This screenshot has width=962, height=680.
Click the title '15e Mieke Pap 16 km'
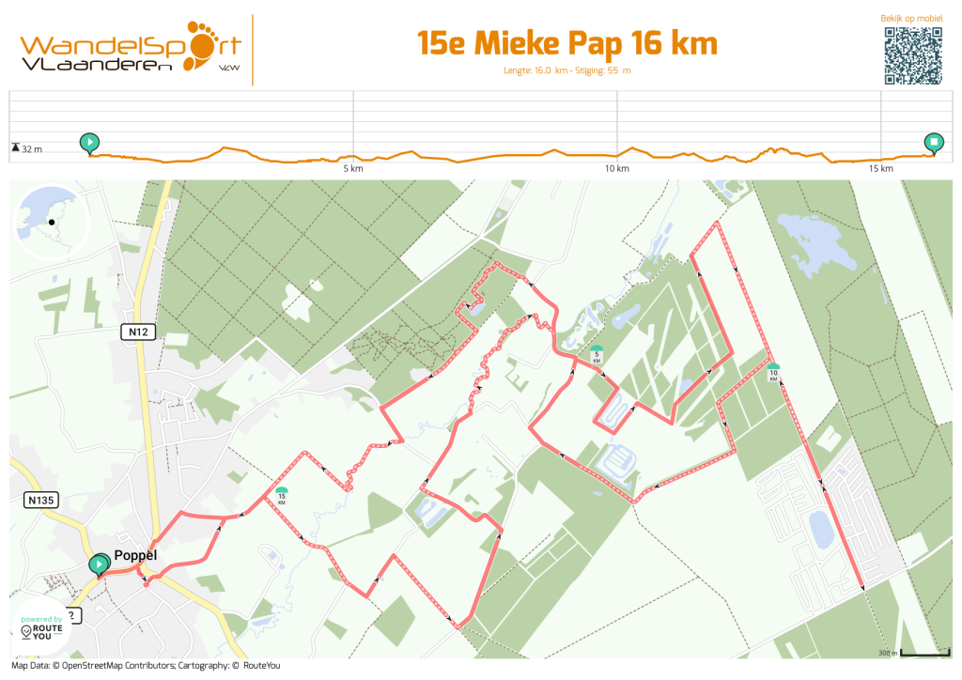566,43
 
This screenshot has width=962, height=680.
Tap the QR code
912,55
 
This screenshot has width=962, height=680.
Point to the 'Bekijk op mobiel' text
911,18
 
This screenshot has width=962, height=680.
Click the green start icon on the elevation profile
89,143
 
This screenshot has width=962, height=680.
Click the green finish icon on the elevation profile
934,143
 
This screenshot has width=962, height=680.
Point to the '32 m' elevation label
32,148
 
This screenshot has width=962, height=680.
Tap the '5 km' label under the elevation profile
352,169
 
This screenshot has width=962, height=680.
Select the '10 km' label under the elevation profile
616,169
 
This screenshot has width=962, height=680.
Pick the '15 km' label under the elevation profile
880,169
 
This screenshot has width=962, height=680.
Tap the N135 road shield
41,501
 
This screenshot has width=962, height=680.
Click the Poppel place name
134,555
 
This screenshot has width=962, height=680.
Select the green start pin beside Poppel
98,564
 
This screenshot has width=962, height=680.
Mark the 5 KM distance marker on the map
596,354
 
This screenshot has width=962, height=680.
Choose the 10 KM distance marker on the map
772,372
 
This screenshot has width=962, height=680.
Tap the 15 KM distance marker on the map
281,495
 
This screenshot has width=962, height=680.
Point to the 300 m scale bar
917,652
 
